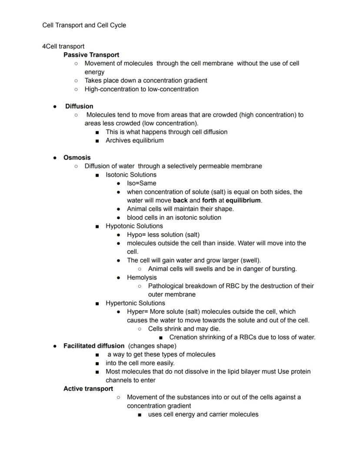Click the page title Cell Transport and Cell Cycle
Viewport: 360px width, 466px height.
coord(84,25)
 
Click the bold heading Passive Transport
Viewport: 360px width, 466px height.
coord(91,55)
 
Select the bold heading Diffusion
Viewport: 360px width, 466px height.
coord(79,106)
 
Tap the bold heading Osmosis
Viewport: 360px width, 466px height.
coord(77,158)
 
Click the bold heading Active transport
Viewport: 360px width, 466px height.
coord(88,389)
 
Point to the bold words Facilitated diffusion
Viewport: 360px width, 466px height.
coord(94,346)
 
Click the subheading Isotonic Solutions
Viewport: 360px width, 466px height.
coord(131,174)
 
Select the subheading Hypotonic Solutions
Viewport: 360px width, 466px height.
coord(134,226)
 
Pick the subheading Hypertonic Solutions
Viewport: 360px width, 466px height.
coord(135,303)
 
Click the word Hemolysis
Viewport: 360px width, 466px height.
coord(142,277)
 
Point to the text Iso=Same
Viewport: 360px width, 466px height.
coord(141,183)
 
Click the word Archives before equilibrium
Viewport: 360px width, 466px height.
coord(119,141)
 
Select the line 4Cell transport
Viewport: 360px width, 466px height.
coord(63,46)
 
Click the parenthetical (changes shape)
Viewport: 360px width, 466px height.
coord(152,346)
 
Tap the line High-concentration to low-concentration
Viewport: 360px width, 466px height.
coord(141,89)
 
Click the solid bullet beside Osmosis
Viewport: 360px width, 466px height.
coord(55,158)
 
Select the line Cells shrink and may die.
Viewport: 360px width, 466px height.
coord(184,329)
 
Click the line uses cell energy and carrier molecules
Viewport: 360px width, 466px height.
coord(203,414)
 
